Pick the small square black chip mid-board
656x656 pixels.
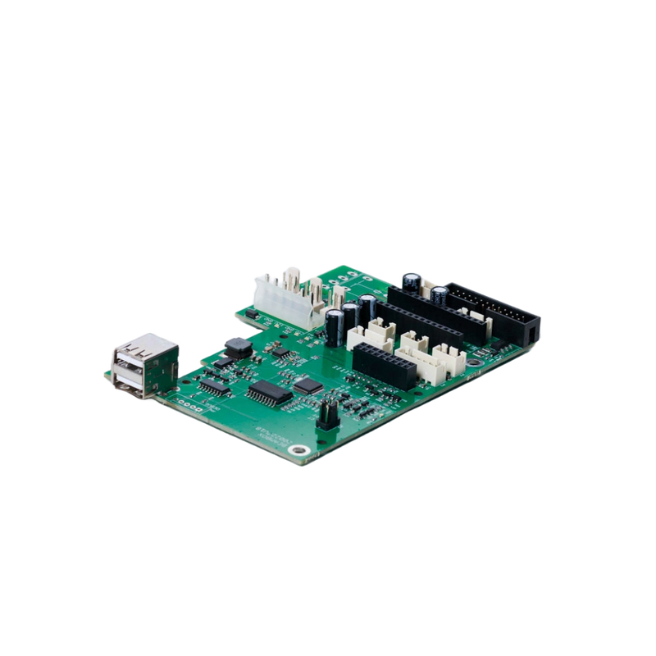tap(307, 382)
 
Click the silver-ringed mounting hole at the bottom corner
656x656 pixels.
tap(303, 449)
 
